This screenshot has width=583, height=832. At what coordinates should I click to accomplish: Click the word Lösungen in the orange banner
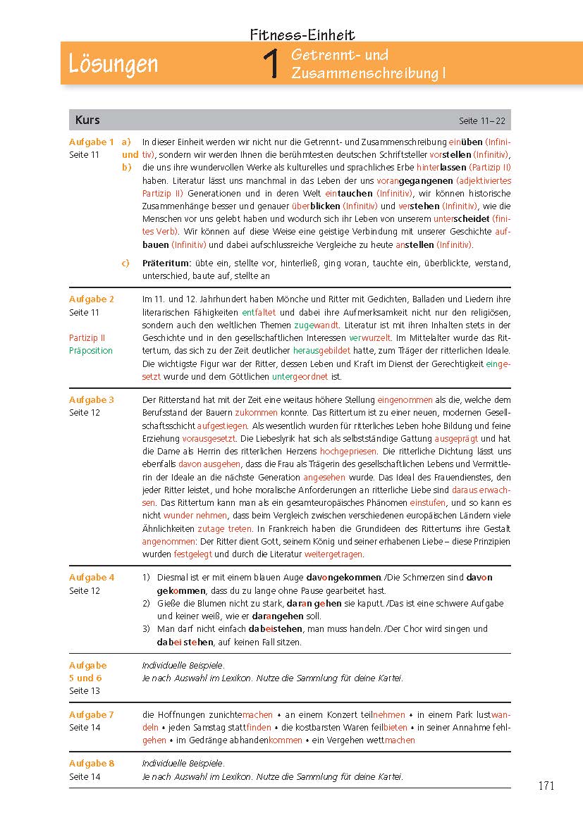(113, 64)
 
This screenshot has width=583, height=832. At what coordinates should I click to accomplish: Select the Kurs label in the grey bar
(87, 120)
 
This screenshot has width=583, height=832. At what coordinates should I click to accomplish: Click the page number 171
(546, 786)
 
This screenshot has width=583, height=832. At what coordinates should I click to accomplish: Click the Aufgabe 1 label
(92, 142)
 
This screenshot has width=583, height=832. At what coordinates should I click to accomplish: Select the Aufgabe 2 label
(92, 299)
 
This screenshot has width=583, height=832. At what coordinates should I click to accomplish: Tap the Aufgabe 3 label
(92, 399)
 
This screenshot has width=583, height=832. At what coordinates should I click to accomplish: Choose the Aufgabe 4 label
(92, 577)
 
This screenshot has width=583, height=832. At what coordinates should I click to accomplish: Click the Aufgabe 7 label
(92, 714)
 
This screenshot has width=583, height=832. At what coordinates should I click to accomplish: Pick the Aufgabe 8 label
(92, 763)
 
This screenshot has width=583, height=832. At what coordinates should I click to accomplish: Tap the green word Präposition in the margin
(91, 350)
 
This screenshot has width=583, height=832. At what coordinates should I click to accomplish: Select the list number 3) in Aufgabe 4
(146, 628)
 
